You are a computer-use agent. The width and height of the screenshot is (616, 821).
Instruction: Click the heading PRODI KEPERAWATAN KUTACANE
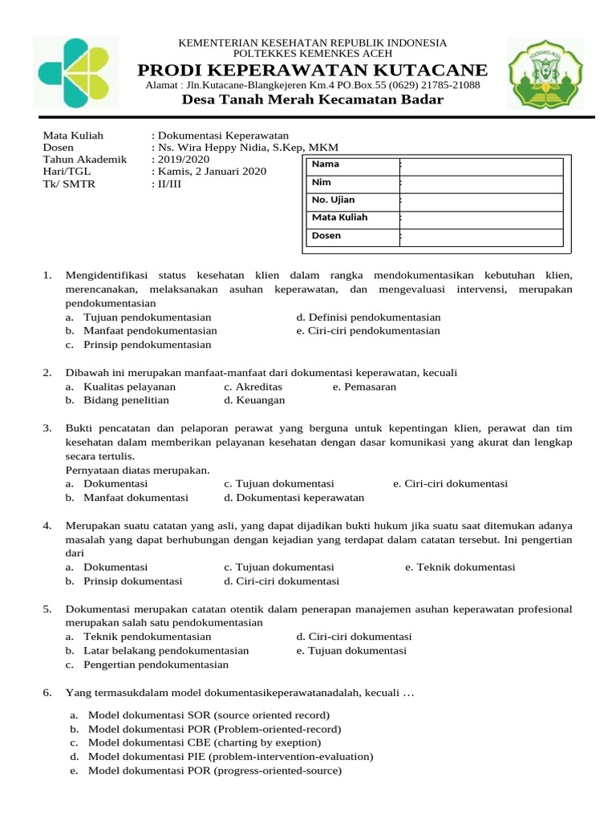(x=312, y=70)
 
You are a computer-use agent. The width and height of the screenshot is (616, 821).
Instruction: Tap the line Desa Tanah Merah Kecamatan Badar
(x=312, y=99)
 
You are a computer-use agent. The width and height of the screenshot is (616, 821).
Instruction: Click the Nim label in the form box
(x=321, y=182)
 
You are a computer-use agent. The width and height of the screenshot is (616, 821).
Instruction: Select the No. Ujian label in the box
(x=333, y=200)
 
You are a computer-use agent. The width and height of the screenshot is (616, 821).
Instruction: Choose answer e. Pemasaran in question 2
(x=364, y=386)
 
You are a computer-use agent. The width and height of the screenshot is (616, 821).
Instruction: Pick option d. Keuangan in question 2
(x=254, y=400)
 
